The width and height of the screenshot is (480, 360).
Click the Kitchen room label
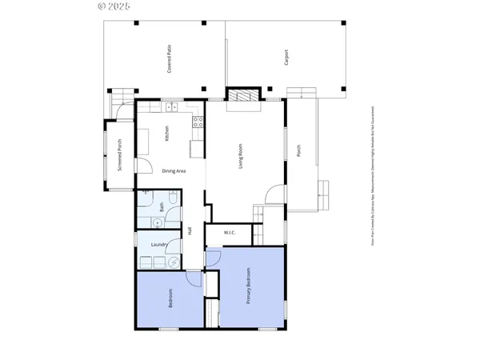point(166,134)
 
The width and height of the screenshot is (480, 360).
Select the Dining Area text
point(174,171)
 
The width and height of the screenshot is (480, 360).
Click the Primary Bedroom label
point(248,286)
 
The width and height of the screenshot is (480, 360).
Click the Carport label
point(286,58)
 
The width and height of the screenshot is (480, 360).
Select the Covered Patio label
point(169,62)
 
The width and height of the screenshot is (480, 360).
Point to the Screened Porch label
point(119,156)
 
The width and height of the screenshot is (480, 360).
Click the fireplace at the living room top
point(242,96)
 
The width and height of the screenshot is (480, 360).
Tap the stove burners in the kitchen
point(196,122)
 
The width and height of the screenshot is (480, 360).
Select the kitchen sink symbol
point(171,106)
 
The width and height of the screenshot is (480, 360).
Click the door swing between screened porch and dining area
point(142,166)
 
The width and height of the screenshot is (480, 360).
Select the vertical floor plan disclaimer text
point(373,179)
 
